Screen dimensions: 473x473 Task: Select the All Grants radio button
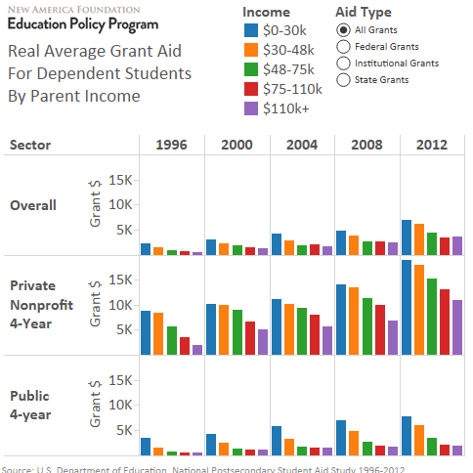click(342, 29)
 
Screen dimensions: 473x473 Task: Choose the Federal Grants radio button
click(342, 46)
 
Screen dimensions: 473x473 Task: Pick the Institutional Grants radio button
click(342, 63)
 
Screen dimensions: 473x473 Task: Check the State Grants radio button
click(342, 79)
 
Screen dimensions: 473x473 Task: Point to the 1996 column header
click(172, 145)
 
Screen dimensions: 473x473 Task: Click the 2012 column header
click(431, 145)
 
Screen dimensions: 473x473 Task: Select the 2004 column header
click(301, 145)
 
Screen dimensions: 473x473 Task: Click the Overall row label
click(33, 205)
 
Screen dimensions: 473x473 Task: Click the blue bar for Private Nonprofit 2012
click(407, 307)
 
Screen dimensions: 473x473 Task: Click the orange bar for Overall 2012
click(418, 239)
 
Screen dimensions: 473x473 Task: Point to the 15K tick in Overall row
click(119, 180)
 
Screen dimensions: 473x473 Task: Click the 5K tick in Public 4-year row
click(122, 430)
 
